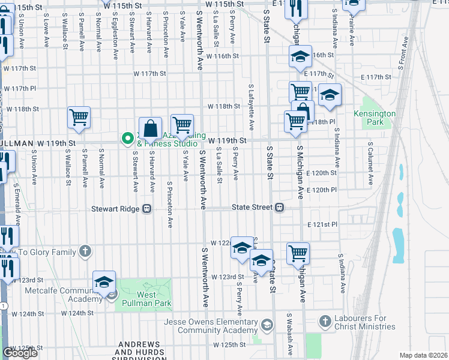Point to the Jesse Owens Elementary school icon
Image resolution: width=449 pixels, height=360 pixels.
tap(267, 325)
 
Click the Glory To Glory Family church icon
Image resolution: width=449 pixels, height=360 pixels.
tap(85, 251)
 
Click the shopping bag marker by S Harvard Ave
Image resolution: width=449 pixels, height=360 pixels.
tap(150, 129)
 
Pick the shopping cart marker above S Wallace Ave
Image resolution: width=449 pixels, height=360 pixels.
tap(79, 118)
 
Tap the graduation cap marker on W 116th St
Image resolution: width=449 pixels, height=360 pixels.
tap(300, 58)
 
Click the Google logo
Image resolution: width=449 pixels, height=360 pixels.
tap(20, 353)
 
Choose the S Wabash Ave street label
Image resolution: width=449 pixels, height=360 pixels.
tap(289, 331)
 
